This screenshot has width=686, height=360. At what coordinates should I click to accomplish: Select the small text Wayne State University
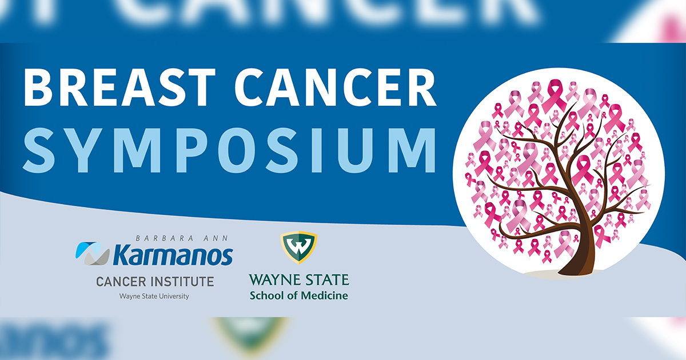(x=154, y=296)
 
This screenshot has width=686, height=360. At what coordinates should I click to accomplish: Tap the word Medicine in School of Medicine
(x=324, y=295)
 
